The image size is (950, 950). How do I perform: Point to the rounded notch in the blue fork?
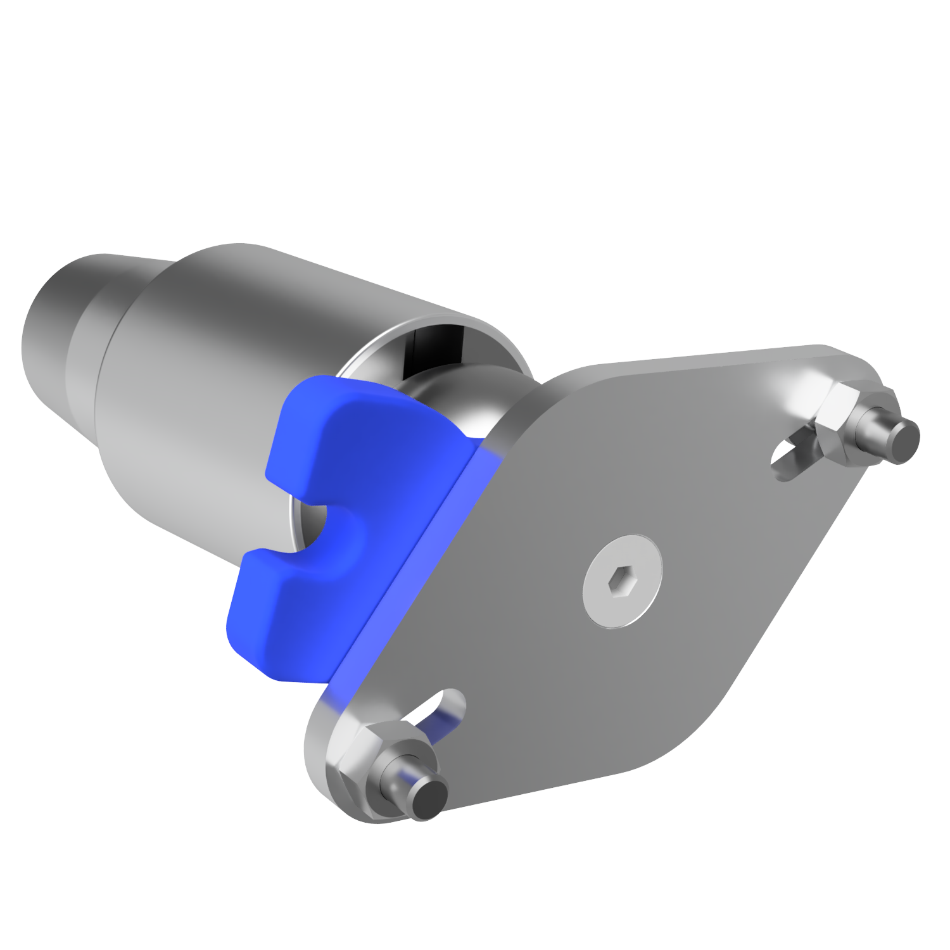tap(332, 526)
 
